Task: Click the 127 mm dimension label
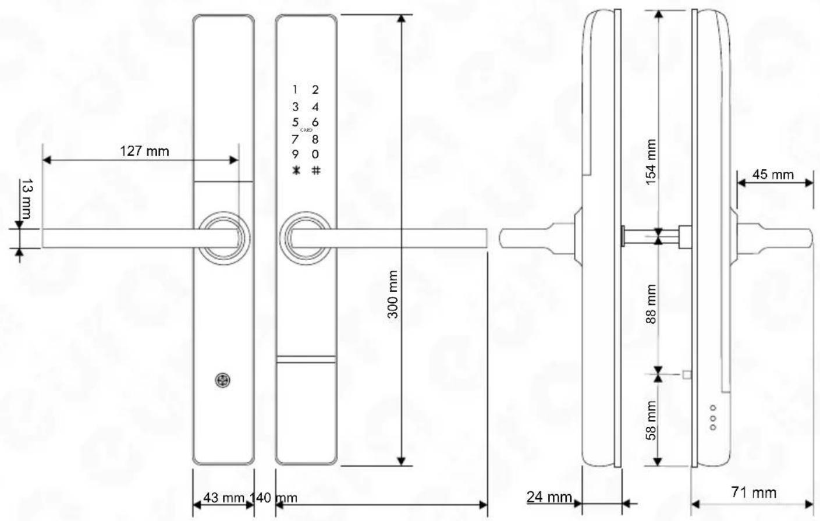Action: [144, 151]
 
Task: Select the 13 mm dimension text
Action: [26, 199]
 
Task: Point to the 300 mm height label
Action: [392, 295]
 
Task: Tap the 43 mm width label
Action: [223, 497]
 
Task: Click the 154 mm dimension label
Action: [651, 162]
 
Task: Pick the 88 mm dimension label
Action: [651, 304]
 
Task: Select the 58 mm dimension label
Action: [651, 420]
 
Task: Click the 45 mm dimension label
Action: [773, 175]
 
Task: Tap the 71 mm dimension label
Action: [754, 492]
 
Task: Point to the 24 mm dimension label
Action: [549, 497]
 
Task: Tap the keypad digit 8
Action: [315, 140]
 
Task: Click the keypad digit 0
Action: [315, 154]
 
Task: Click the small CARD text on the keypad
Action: [306, 130]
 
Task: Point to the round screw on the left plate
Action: [222, 380]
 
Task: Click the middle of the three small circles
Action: [713, 418]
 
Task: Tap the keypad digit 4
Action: [315, 107]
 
